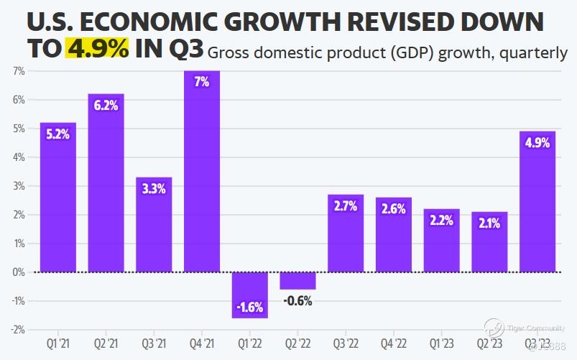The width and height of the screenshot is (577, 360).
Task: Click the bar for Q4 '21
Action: [x=202, y=172]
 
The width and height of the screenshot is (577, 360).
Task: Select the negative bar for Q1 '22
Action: [x=249, y=295]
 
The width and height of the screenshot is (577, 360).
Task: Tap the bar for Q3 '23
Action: [x=537, y=202]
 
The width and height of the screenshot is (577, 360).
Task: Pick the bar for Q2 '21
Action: [x=106, y=183]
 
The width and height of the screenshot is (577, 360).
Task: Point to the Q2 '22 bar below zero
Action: [x=297, y=280]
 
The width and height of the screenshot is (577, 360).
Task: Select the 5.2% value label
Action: [x=57, y=134]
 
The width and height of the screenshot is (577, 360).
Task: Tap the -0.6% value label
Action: [x=297, y=301]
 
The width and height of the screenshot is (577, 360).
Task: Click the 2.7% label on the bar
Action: [x=346, y=207]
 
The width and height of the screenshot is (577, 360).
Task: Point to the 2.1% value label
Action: [x=489, y=221]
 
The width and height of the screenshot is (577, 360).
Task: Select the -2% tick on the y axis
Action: [x=18, y=330]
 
